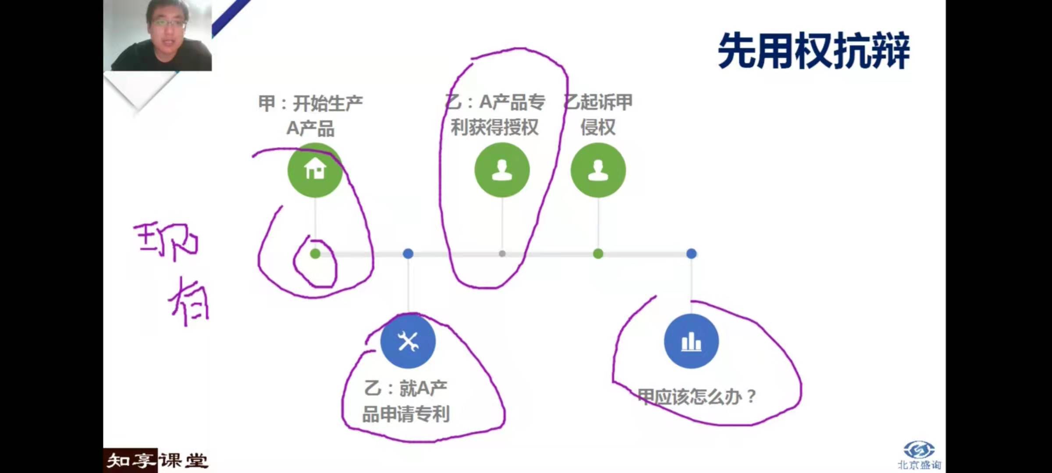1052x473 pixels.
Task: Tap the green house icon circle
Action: (x=315, y=170)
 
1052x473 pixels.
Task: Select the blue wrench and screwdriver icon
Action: (x=408, y=341)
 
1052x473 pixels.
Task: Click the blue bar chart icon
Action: (x=691, y=341)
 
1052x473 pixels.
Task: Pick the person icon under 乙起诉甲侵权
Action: (x=598, y=170)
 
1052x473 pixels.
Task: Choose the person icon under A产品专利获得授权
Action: (x=502, y=170)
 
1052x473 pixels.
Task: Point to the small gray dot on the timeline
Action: (x=502, y=254)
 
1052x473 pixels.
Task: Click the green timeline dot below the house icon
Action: (x=315, y=254)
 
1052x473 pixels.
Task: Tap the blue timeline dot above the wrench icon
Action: (x=408, y=254)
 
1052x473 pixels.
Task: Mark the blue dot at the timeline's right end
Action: (x=691, y=254)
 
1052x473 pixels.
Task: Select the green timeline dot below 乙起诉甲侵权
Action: (x=598, y=254)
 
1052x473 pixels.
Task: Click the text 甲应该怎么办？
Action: (x=697, y=397)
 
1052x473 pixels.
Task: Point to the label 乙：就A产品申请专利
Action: (x=406, y=401)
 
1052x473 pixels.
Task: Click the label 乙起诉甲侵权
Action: (x=598, y=115)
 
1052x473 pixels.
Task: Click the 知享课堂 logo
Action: (x=156, y=460)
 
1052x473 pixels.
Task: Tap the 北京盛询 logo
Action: (x=919, y=455)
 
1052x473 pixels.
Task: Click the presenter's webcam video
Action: (x=158, y=35)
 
